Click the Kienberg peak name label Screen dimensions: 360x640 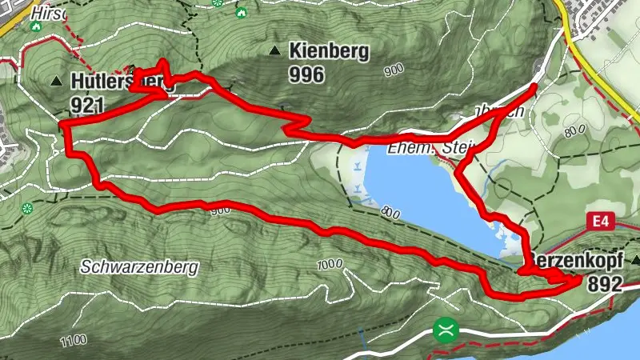click(x=330, y=52)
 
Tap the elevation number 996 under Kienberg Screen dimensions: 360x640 click(x=307, y=75)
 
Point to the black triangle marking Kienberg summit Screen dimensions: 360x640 click(x=275, y=52)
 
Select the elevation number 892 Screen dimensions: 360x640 click(x=604, y=284)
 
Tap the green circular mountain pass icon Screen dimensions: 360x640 click(x=445, y=330)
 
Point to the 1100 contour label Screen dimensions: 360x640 click(x=72, y=342)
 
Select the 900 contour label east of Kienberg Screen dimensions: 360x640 click(x=393, y=71)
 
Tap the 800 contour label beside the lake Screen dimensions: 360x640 click(x=391, y=213)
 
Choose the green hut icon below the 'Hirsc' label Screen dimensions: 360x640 click(x=35, y=26)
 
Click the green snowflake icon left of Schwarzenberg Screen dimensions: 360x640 click(x=27, y=208)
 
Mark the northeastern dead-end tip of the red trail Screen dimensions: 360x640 click(x=534, y=85)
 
